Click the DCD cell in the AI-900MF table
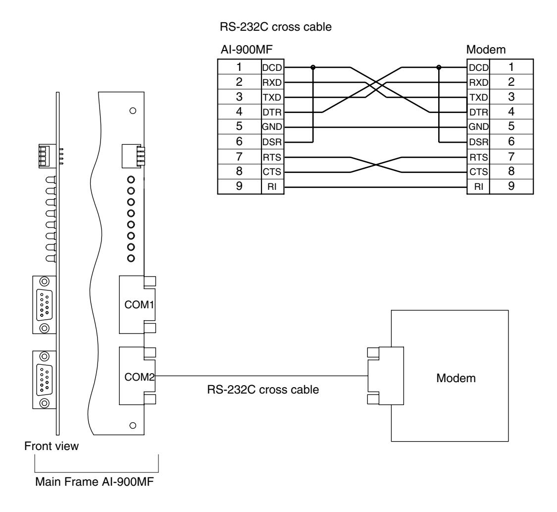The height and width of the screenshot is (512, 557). click(x=272, y=67)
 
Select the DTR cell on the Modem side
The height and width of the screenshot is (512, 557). click(x=478, y=112)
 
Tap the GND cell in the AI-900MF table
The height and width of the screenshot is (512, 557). click(x=272, y=127)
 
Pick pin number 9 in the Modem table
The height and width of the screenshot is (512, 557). click(x=511, y=186)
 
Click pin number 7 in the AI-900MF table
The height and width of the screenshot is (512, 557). click(x=239, y=157)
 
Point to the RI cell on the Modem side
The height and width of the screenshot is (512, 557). click(x=478, y=187)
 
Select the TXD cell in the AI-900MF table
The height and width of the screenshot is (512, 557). click(x=272, y=97)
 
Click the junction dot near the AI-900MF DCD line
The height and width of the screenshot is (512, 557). click(x=313, y=67)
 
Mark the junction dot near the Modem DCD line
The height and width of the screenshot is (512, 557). click(x=439, y=67)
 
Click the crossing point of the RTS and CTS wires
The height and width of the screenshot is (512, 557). click(x=376, y=165)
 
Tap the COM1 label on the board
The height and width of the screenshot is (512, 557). click(x=139, y=305)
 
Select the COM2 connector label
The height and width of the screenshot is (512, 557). click(x=139, y=377)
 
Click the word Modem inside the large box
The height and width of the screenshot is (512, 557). click(x=456, y=378)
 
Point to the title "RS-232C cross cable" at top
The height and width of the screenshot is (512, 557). click(x=276, y=27)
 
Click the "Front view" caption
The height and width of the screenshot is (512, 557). click(x=51, y=446)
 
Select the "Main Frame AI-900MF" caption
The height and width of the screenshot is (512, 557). click(x=95, y=482)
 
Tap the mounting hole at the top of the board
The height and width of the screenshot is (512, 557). click(x=133, y=111)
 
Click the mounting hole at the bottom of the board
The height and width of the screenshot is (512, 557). click(x=133, y=425)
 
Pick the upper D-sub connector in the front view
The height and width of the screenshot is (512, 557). click(x=45, y=305)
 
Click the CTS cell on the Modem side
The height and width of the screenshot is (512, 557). click(x=478, y=171)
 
